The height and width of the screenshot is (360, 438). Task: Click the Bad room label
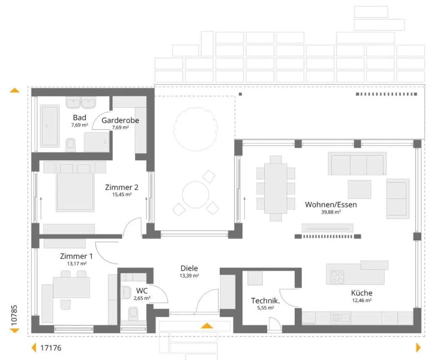click(x=79, y=118)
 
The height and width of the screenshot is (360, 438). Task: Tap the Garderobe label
click(x=120, y=121)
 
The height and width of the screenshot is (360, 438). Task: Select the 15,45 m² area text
click(x=122, y=194)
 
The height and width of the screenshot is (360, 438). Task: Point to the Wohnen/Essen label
click(x=331, y=205)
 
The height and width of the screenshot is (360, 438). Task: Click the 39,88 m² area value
click(x=331, y=212)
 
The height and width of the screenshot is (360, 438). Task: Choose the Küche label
click(x=362, y=293)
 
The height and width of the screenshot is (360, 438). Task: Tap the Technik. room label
click(x=265, y=301)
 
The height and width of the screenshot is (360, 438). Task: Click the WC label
click(x=142, y=291)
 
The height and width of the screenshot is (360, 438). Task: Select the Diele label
click(x=189, y=269)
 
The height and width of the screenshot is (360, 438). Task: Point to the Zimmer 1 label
click(x=76, y=256)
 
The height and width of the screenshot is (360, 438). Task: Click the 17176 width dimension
click(x=51, y=348)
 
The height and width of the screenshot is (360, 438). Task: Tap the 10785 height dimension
click(x=14, y=315)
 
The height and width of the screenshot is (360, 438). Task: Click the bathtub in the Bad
click(x=50, y=126)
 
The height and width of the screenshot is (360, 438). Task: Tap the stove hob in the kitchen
click(x=337, y=277)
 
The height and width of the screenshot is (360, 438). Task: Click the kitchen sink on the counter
click(x=341, y=318)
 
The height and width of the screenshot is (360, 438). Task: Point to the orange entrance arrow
click(x=206, y=325)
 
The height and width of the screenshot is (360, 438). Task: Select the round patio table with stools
click(x=196, y=194)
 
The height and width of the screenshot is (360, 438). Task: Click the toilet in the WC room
click(x=133, y=314)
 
